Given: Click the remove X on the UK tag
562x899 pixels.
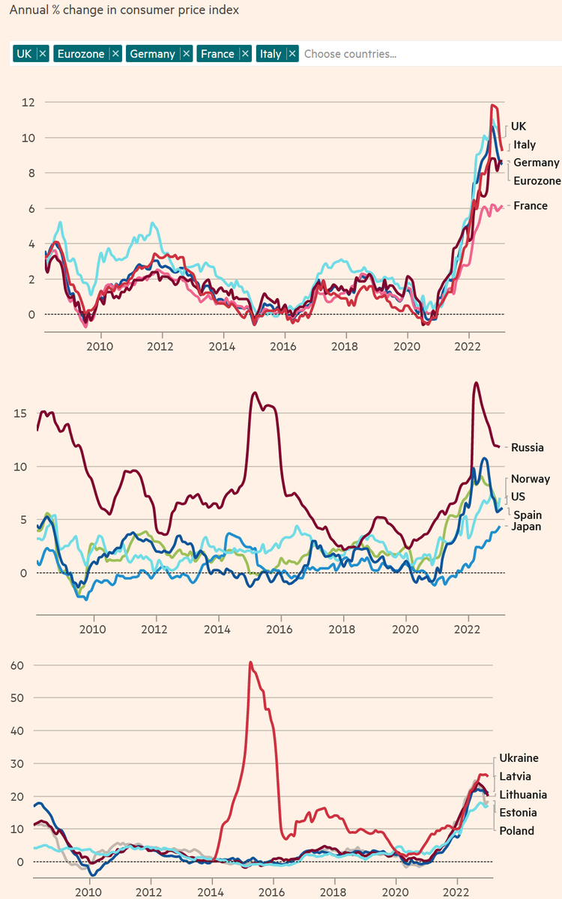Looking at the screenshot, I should [x=43, y=53].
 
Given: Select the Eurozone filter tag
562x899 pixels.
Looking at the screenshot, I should [x=82, y=53].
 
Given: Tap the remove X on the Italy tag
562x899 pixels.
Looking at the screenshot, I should [x=291, y=53].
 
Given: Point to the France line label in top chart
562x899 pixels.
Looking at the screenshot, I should [x=531, y=206].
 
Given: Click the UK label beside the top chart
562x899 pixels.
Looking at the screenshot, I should [x=519, y=127].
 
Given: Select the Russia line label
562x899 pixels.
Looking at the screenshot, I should [x=528, y=448].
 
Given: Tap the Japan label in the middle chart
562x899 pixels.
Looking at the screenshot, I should [x=526, y=527].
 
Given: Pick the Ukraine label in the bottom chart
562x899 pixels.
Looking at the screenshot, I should [x=519, y=758].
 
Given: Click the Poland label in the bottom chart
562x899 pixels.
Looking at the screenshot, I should [x=517, y=830].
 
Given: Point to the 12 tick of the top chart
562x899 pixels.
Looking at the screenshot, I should [x=28, y=102].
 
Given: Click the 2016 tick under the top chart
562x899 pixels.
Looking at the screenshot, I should [x=282, y=346].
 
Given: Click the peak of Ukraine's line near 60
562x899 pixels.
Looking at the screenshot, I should [x=250, y=662].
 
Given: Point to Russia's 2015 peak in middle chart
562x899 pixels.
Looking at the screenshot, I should [x=255, y=393].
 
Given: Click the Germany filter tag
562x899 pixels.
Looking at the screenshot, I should [x=152, y=53].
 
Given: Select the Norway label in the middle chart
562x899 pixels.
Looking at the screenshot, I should [x=531, y=479].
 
